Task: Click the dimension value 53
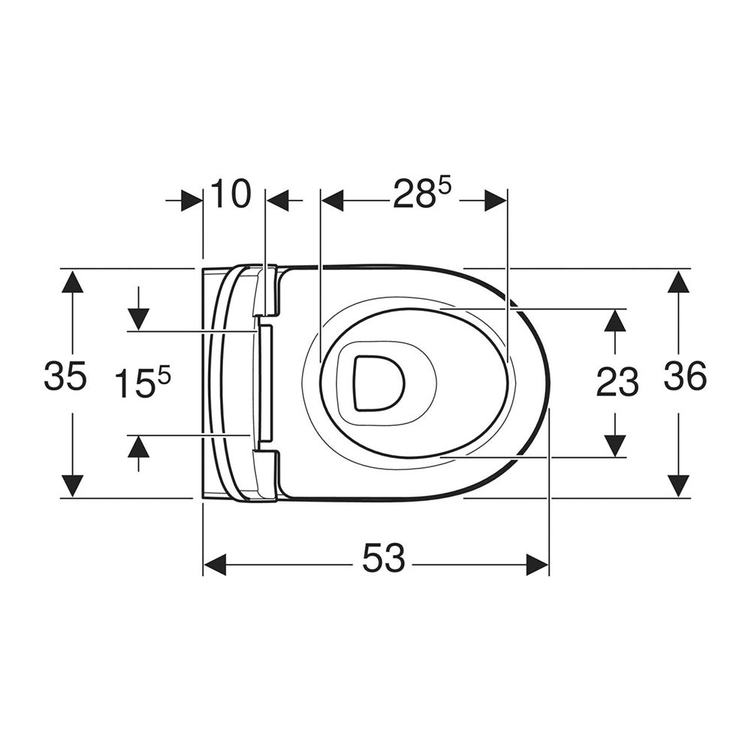tap(383, 558)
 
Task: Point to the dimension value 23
tap(617, 382)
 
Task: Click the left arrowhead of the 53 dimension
tap(215, 564)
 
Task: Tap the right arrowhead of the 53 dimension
tap(538, 564)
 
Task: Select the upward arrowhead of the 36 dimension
tap(678, 281)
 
